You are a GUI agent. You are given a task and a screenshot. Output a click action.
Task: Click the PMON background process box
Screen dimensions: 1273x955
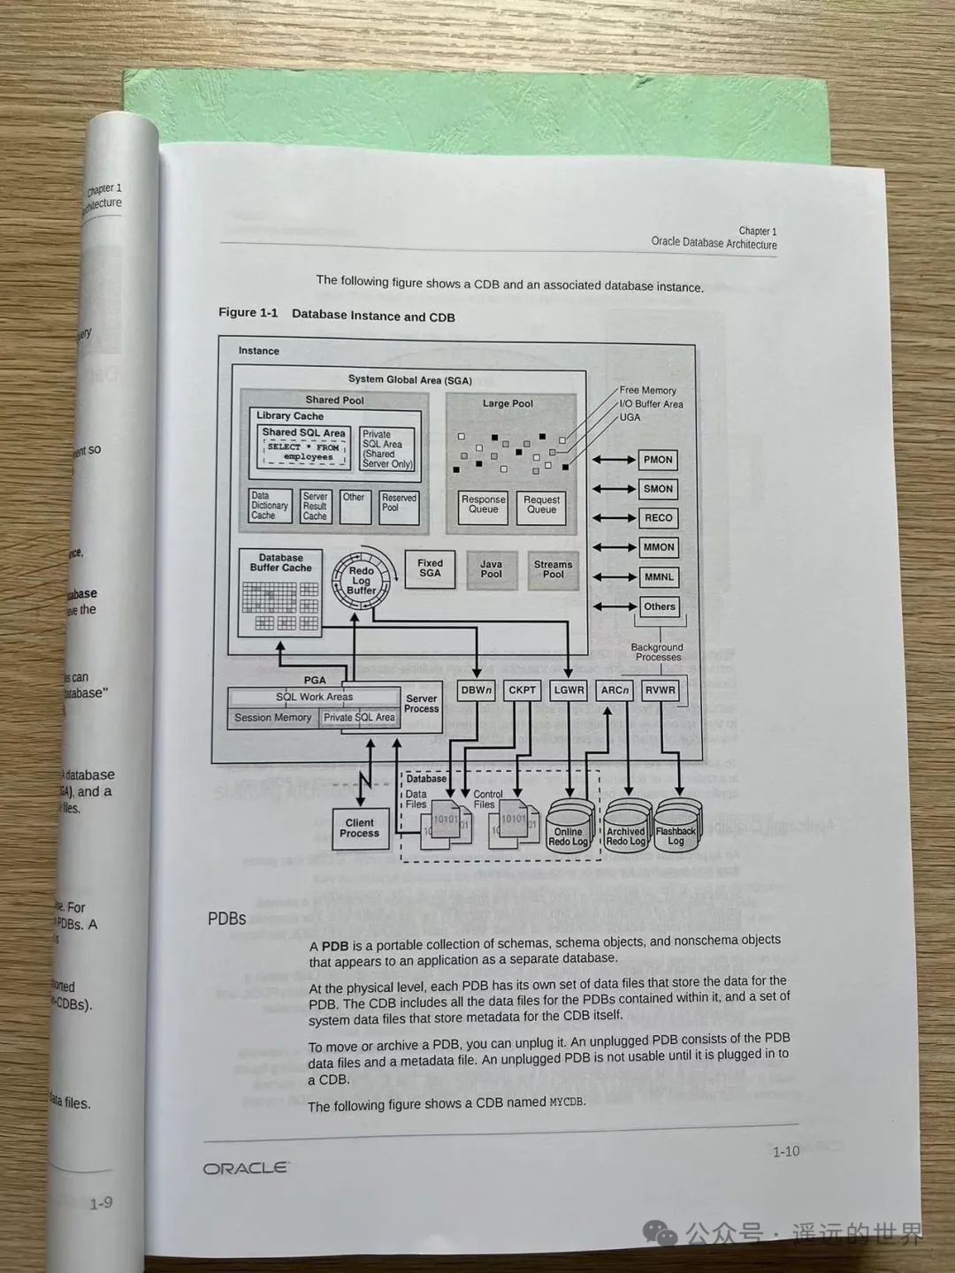(658, 460)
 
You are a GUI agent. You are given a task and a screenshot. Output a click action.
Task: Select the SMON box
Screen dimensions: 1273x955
(658, 489)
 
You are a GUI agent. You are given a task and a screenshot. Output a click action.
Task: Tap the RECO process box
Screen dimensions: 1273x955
(658, 518)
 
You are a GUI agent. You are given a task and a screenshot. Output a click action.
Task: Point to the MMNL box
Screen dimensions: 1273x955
(659, 577)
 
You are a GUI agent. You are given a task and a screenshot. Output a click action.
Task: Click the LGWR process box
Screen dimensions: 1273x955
(569, 690)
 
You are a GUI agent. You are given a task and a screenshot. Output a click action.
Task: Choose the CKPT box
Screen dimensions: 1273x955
(522, 690)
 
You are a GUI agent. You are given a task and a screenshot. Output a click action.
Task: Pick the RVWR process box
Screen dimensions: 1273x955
(660, 690)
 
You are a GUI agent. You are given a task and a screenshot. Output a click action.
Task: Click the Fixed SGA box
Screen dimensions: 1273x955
(430, 568)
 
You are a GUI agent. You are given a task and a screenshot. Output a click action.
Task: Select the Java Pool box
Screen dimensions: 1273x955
(491, 569)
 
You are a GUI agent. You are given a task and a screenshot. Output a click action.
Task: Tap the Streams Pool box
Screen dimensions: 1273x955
(553, 569)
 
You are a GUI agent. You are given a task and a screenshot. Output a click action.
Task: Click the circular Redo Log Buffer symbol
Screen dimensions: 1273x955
(361, 580)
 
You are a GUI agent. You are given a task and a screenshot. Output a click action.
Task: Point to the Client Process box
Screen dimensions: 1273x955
(360, 828)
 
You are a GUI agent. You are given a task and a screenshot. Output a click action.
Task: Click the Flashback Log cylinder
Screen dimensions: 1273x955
(676, 828)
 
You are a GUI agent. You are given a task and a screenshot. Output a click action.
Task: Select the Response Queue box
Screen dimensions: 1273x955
(483, 505)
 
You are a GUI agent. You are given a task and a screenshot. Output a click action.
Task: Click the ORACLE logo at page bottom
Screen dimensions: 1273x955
(246, 1168)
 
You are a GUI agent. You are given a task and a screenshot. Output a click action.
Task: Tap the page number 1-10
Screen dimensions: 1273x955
(785, 1151)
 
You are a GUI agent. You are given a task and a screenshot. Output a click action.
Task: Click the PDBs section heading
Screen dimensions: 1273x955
(226, 919)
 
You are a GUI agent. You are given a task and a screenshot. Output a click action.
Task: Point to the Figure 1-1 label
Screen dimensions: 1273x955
(248, 313)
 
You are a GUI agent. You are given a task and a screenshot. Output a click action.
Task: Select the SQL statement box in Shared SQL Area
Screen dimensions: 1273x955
(303, 453)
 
